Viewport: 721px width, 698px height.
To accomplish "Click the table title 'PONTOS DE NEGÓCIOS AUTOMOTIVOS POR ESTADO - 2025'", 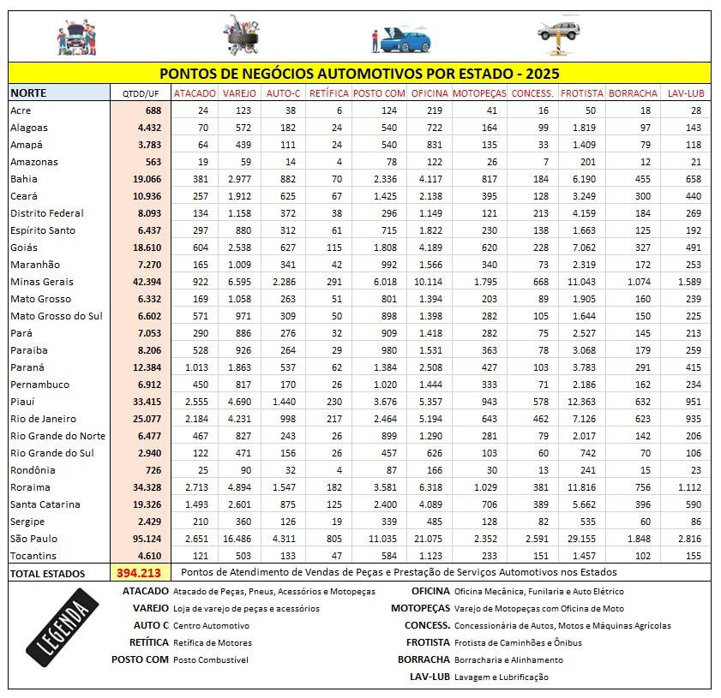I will click(x=359, y=74).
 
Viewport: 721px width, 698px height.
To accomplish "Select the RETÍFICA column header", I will click(x=328, y=92).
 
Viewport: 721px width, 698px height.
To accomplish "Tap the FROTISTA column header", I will click(x=582, y=92).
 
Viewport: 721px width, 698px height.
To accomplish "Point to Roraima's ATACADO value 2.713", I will click(x=197, y=487).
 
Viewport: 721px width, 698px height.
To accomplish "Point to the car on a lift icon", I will click(x=558, y=35).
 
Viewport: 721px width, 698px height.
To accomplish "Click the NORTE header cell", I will click(x=29, y=92).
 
